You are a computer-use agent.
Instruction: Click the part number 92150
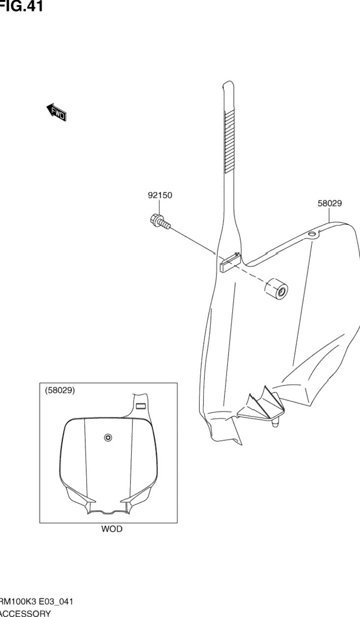[160, 195]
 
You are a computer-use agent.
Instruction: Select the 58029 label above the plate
[329, 203]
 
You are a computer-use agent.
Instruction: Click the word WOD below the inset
[112, 529]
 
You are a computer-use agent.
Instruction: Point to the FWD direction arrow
[56, 113]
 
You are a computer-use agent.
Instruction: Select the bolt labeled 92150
[159, 221]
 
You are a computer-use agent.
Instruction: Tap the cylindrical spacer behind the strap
[277, 289]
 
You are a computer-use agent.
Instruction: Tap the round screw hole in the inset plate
[108, 437]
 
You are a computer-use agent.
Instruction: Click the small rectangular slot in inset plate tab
[140, 406]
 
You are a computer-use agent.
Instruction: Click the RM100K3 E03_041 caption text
[37, 602]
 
